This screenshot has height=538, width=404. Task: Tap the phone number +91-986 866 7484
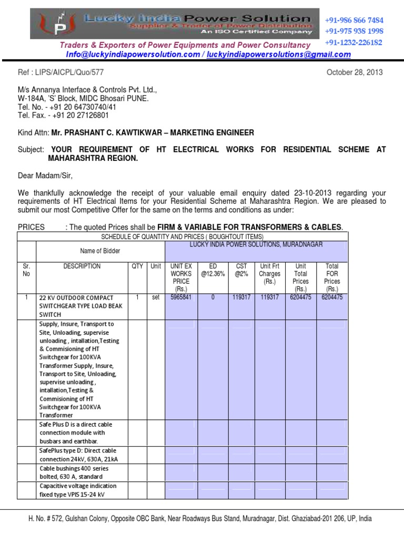coord(354,20)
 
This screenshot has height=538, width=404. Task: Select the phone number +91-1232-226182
coord(353,42)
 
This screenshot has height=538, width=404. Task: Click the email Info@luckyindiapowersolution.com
coord(133,55)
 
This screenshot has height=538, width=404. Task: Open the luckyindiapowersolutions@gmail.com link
coord(278,55)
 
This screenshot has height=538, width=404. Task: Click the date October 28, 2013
coord(355,73)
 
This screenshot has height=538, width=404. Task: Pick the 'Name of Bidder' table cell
coord(100,251)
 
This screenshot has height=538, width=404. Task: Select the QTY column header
coord(137,266)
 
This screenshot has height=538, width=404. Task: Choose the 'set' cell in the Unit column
coord(155,297)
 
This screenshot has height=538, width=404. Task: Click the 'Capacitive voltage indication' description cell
coord(78,490)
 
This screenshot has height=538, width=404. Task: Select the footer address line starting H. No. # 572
coord(200,519)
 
